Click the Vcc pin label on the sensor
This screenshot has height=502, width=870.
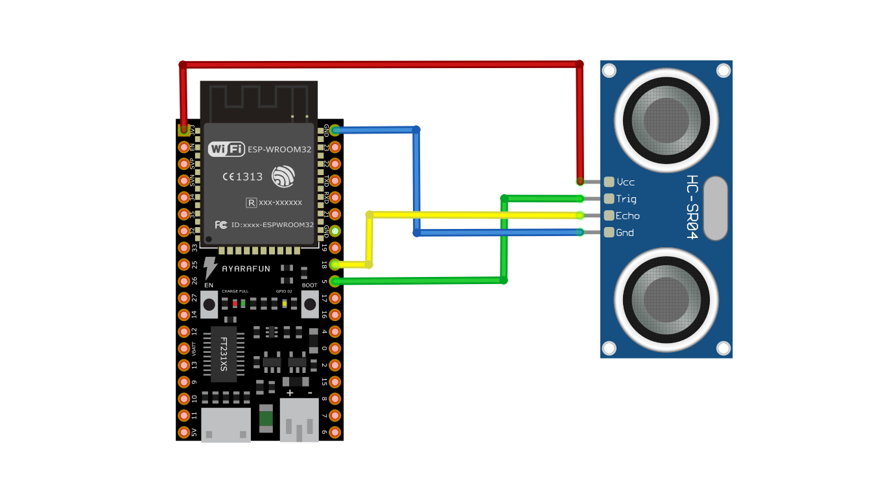coord(626,182)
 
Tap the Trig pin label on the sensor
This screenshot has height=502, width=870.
coord(626,199)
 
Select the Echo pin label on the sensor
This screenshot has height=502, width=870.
coord(628,216)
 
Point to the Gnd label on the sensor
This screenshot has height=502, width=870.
coord(625,233)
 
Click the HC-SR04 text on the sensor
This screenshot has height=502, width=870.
coord(692,208)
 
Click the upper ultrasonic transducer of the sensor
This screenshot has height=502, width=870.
coord(666,121)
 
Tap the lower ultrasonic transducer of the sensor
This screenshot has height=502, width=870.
coord(666,300)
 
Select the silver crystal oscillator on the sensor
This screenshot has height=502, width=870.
coord(715,208)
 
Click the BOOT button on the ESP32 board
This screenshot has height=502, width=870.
coord(310,304)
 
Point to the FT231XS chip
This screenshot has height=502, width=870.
coord(224,354)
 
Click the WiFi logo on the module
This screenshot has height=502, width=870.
coord(226,149)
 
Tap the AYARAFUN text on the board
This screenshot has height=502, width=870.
coord(246,269)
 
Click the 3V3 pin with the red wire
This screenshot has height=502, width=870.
coord(184,130)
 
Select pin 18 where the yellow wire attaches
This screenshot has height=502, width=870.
coord(335,265)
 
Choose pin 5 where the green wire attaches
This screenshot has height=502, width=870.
coord(335,281)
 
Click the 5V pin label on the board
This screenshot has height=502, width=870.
coord(194,432)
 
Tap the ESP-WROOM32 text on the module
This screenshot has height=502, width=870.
coord(279,149)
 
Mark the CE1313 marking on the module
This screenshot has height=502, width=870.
coord(242,176)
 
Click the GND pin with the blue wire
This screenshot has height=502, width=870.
coord(335,130)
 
